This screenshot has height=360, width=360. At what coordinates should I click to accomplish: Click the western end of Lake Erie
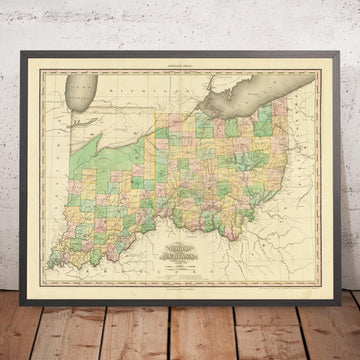tap(201, 118)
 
